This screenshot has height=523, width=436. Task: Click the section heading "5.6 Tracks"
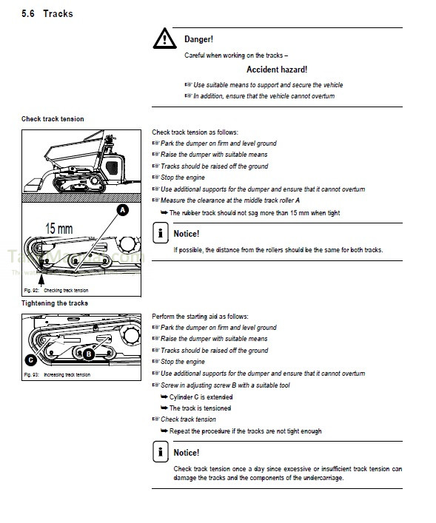pos(47,13)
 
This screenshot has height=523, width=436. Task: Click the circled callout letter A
pos(123,210)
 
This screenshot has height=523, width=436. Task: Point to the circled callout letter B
pos(88,354)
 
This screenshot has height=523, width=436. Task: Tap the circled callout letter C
pos(30,360)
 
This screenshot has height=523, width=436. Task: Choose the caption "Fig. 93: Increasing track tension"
pos(56,375)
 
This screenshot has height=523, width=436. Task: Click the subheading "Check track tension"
pos(53,119)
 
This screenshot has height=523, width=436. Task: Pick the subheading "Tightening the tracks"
pos(55,303)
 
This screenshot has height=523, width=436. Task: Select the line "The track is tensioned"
pos(200,408)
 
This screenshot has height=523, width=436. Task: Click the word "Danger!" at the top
pos(199,38)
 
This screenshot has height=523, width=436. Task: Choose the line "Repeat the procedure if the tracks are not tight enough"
pos(245,431)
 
